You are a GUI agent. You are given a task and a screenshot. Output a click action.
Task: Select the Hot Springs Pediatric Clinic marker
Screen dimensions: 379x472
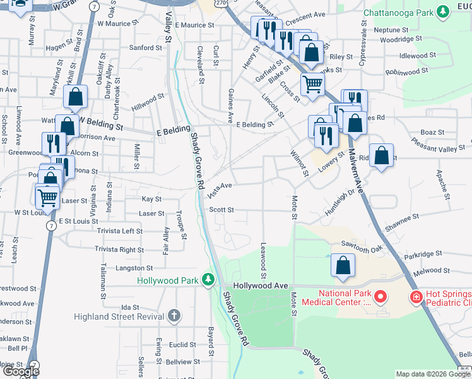click(416, 296)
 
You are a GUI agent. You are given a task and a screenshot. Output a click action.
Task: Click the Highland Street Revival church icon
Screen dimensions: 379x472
click(175, 316)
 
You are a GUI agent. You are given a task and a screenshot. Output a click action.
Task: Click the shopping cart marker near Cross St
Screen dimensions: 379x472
click(312, 83)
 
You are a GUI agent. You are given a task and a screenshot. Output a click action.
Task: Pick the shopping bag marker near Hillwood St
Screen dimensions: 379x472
click(75, 97)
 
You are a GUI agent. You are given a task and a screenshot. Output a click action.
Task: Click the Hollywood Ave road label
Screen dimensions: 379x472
click(260, 286)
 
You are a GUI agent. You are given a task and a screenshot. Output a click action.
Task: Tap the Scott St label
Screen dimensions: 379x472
click(221, 210)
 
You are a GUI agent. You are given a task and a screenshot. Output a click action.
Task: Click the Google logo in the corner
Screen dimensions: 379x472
click(21, 371)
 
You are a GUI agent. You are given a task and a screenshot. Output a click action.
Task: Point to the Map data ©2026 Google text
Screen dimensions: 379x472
click(433, 374)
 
